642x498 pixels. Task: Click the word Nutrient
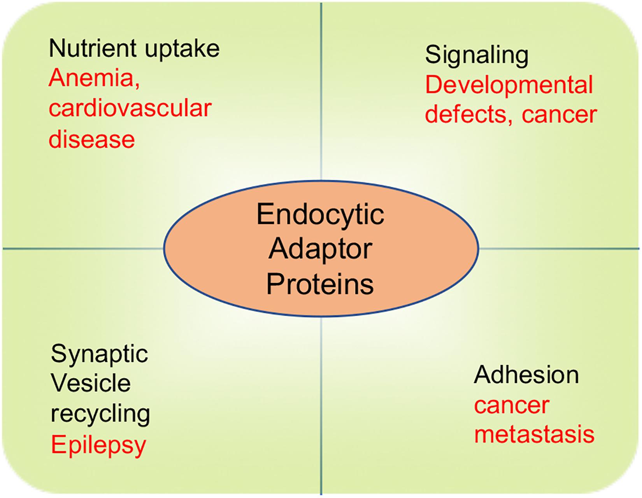click(x=93, y=48)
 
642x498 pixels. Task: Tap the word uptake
click(x=182, y=50)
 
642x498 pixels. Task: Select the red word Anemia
click(x=94, y=79)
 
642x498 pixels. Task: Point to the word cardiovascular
click(x=130, y=109)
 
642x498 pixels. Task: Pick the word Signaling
click(x=477, y=57)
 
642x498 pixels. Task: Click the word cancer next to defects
click(x=559, y=116)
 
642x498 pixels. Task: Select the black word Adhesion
click(x=526, y=375)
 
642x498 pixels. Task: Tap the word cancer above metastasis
click(x=512, y=407)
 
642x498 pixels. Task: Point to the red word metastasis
click(x=535, y=435)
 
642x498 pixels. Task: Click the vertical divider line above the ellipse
click(x=321, y=91)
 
